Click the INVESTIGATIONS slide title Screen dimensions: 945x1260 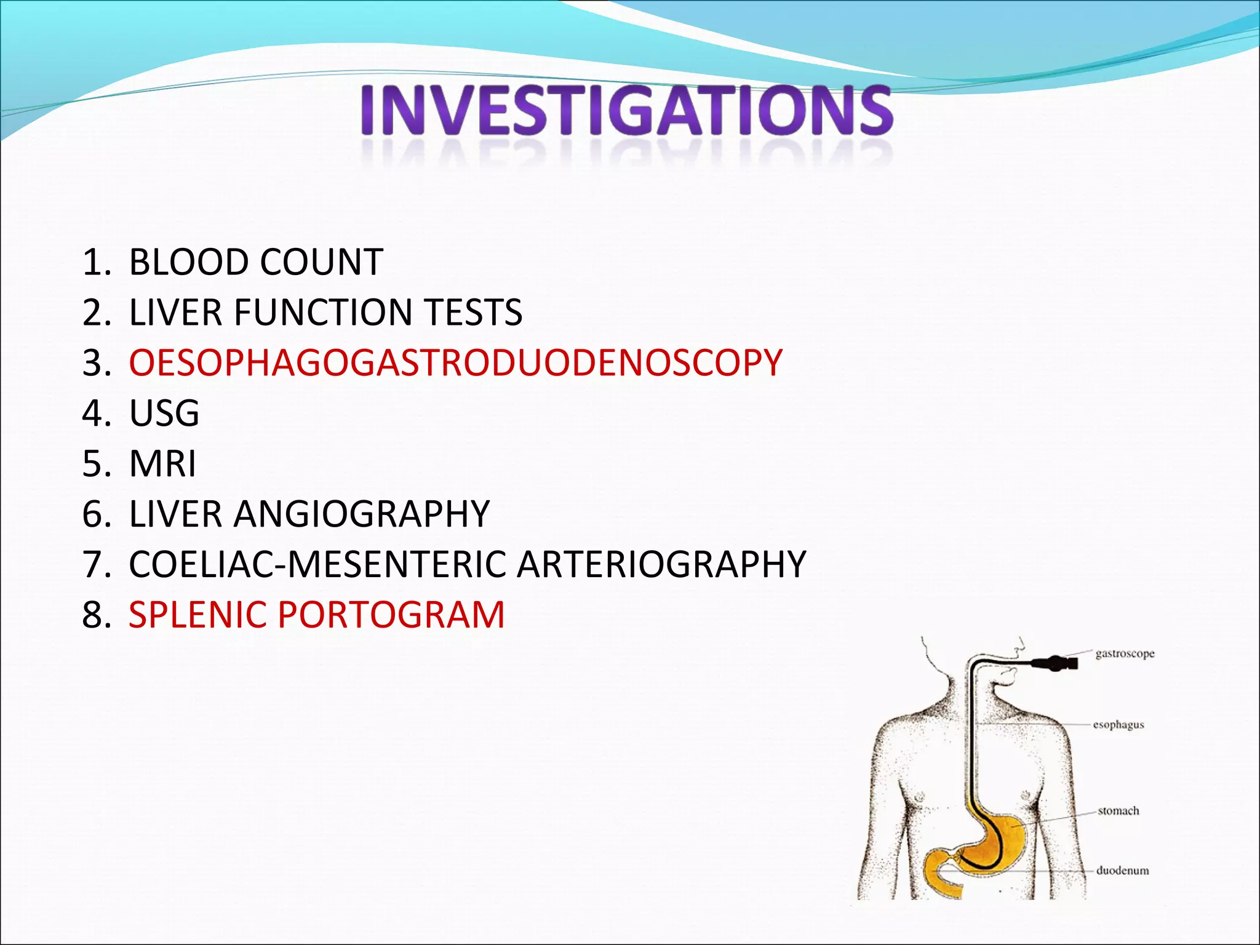point(626,111)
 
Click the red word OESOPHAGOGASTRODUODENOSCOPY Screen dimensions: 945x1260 point(455,363)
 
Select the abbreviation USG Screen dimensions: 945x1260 point(164,413)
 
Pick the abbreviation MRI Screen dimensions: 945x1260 point(162,464)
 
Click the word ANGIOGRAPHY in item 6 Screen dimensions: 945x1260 point(361,514)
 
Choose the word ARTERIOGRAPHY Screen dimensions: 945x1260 point(661,565)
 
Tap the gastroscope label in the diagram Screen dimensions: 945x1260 point(1125,654)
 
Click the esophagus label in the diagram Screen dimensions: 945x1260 point(1118,725)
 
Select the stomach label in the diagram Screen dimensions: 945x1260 point(1118,811)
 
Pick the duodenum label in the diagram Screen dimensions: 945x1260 point(1122,871)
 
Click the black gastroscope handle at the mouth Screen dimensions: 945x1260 point(1056,663)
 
